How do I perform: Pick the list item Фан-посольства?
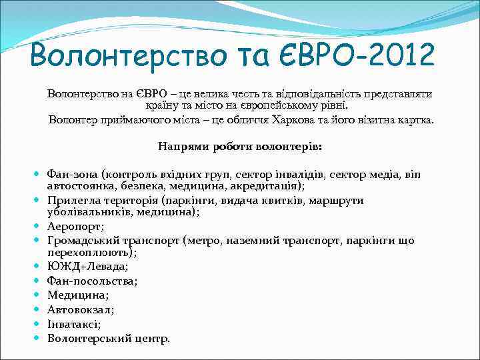(93, 281)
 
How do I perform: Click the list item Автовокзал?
(81, 309)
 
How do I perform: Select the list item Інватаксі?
(74, 324)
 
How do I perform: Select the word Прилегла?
(71, 200)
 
